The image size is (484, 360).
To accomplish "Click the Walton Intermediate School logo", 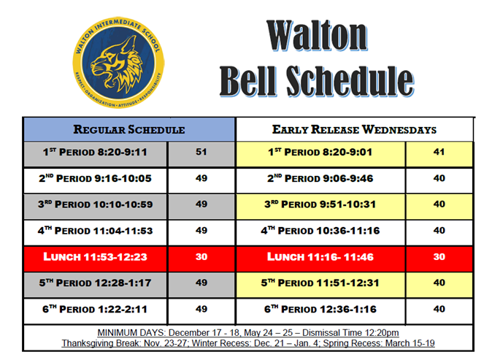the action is [x=118, y=63].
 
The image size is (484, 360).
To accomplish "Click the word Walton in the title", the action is [x=317, y=36].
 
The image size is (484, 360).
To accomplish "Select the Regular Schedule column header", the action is [x=129, y=130].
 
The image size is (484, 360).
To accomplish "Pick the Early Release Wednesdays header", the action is [x=354, y=130].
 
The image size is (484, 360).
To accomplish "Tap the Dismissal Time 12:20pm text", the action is [x=350, y=333].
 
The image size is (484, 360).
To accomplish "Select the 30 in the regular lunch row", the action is [x=201, y=256].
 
